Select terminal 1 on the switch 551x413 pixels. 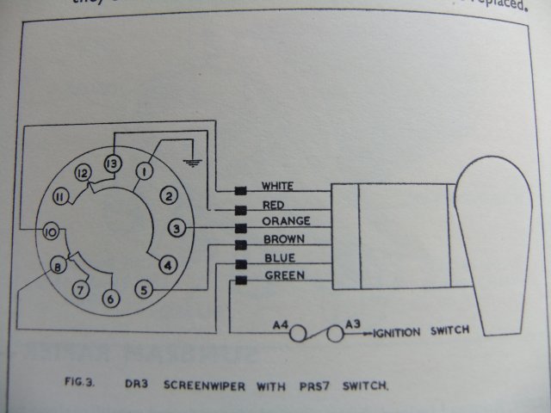click(144, 172)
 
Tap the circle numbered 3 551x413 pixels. click(176, 229)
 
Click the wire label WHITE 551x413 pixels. click(277, 187)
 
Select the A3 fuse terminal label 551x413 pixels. click(353, 324)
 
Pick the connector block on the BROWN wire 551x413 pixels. click(241, 243)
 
